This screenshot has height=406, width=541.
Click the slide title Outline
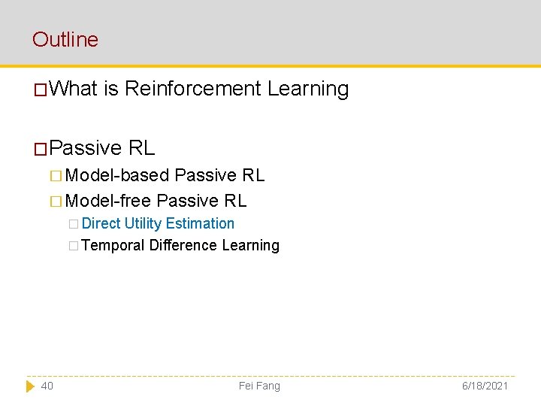click(65, 39)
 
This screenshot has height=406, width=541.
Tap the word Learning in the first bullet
click(308, 89)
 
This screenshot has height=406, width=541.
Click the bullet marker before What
click(41, 90)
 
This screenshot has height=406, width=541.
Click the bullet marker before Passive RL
click(41, 148)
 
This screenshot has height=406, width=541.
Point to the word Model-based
click(117, 175)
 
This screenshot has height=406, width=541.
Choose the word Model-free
click(109, 201)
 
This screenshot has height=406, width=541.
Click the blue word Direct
click(101, 223)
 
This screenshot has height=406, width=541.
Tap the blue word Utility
click(143, 223)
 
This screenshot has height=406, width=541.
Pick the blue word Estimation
click(200, 223)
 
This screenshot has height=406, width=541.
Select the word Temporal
click(113, 245)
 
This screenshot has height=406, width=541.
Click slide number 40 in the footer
click(47, 386)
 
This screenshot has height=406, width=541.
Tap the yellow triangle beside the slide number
click(30, 386)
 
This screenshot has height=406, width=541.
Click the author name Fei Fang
click(259, 386)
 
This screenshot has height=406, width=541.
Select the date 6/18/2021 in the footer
click(485, 386)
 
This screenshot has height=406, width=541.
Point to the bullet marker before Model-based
click(56, 176)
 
